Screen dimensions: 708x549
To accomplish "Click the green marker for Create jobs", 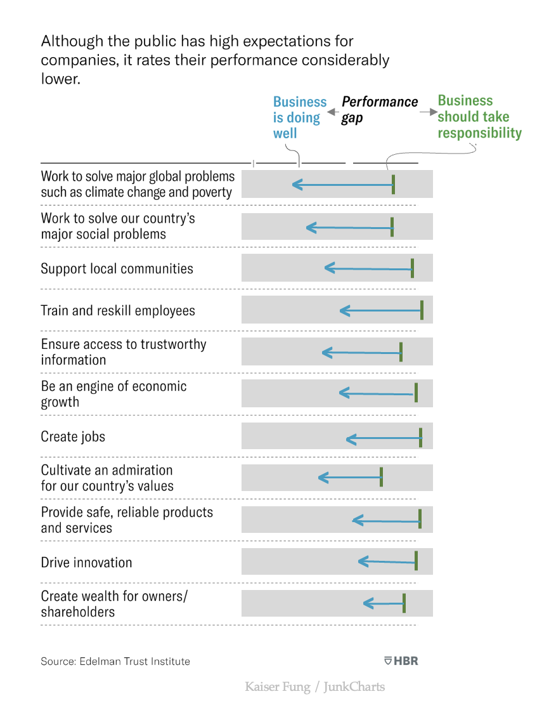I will point(420,437).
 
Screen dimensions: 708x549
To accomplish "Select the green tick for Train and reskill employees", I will point(422,310).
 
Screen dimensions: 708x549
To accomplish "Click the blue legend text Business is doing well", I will point(299,117).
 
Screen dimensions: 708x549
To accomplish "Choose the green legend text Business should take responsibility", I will point(479,117).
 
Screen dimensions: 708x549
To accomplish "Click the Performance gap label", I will point(379,110).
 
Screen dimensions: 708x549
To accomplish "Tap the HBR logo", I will point(401,661).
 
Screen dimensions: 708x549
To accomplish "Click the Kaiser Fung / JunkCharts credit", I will point(314,686).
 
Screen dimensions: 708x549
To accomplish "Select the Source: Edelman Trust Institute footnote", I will point(115,661).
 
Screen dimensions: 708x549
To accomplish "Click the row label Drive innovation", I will point(86,563).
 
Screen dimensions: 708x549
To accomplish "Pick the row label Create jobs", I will point(73,437).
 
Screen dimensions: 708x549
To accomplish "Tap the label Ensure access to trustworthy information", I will point(123,352).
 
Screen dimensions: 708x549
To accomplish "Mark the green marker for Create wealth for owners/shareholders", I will point(404,603).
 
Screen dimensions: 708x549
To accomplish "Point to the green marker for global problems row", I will point(393,184).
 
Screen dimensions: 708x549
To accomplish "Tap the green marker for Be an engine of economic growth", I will point(416,393).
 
